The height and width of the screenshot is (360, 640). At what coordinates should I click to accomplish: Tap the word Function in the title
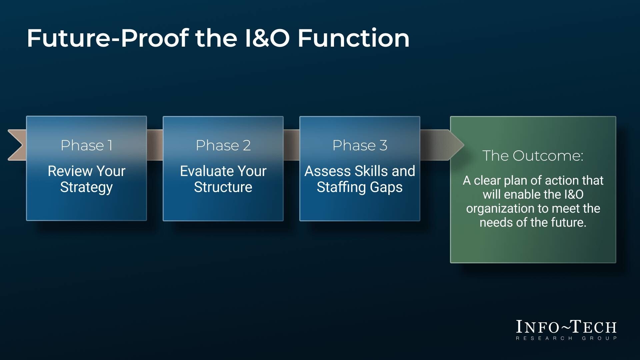pos(353,38)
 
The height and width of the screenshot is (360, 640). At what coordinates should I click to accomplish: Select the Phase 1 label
pos(86,145)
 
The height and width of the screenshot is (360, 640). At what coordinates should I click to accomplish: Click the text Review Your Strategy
pos(86,179)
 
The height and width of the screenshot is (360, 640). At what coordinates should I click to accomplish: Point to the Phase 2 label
pos(223,145)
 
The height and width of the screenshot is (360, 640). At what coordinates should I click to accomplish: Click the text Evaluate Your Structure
pos(223,179)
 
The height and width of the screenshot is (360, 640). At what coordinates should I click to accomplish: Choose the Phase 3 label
pos(360,145)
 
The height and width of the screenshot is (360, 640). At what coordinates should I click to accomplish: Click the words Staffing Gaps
pos(360,187)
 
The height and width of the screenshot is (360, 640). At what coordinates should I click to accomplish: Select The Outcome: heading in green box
pos(533,156)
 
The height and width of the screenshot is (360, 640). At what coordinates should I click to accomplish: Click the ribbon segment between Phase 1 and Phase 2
pos(155,145)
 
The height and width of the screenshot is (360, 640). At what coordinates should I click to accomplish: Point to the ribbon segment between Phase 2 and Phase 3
pos(291,145)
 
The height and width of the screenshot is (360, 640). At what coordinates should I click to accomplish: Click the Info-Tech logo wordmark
pos(566,327)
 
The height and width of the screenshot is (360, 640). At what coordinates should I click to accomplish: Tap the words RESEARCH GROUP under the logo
pos(566,338)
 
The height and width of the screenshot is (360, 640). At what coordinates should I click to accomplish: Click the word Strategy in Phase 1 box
pos(86,187)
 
